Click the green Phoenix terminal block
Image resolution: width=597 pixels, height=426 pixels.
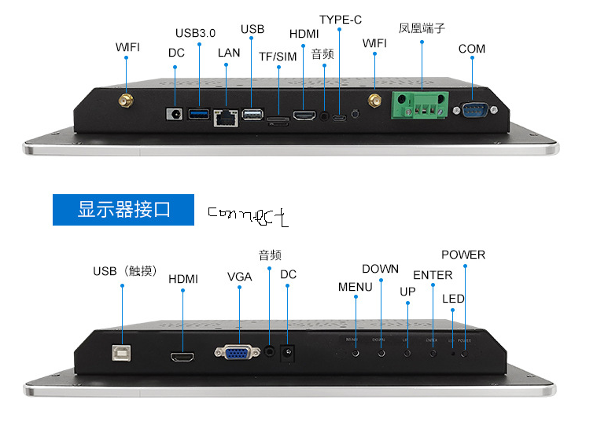click(421, 105)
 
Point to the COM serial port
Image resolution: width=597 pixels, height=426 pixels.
click(474, 110)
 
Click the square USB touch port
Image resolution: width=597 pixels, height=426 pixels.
click(122, 352)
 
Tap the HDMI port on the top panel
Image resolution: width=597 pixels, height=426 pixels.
click(303, 116)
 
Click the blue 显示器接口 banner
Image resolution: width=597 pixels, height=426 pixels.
click(123, 210)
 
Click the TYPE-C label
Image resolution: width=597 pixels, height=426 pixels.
click(341, 20)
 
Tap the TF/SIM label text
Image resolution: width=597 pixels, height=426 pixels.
click(278, 57)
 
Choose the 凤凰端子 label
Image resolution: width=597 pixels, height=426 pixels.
click(422, 28)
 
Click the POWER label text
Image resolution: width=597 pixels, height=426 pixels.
click(463, 255)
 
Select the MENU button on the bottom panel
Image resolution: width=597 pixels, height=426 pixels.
click(356, 351)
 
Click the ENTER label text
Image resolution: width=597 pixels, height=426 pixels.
click(433, 275)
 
